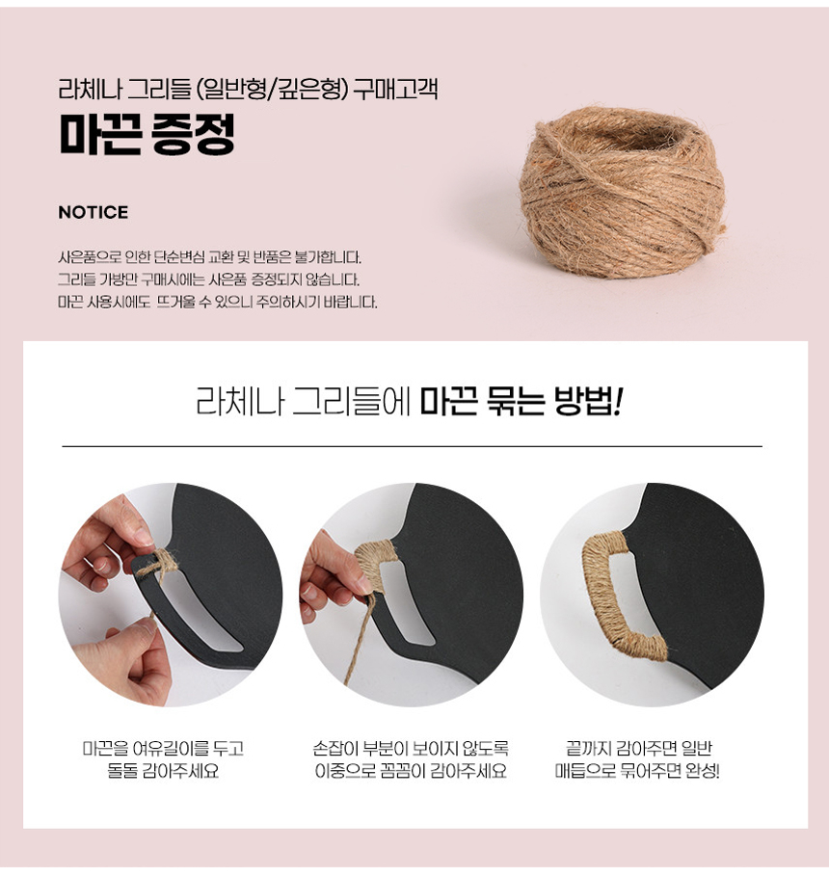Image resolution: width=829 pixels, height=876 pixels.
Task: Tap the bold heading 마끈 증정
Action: (x=147, y=136)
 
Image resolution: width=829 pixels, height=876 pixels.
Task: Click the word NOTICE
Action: (x=93, y=212)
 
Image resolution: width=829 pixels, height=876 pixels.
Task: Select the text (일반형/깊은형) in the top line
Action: (x=272, y=93)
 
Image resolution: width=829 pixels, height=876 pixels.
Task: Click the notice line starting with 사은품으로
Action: (x=209, y=258)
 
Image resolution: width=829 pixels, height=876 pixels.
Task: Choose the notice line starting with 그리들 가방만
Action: (x=208, y=280)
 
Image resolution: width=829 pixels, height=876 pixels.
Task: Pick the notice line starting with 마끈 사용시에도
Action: (x=218, y=303)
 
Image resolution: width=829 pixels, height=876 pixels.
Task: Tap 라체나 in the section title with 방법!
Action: (x=227, y=400)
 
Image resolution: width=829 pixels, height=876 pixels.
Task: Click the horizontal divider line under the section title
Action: (x=412, y=447)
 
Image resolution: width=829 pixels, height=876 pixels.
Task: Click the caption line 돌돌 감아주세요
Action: (x=163, y=773)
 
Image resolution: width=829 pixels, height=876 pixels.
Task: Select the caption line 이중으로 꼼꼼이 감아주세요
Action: (x=411, y=773)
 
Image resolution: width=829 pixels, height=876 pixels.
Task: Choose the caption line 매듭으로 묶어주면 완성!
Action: (x=637, y=773)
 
